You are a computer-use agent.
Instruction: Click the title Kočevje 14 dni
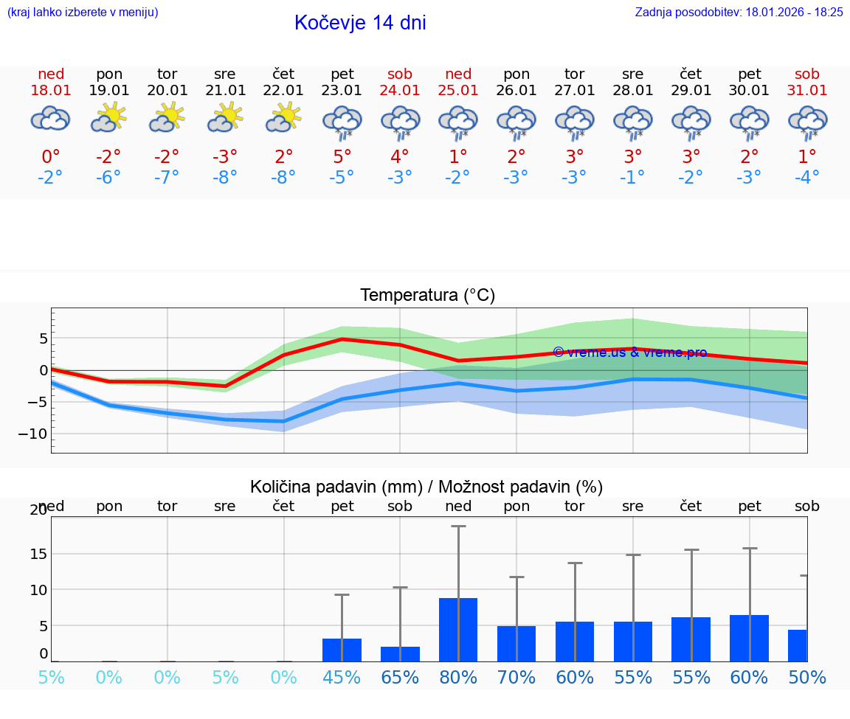360,23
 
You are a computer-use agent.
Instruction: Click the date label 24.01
400,91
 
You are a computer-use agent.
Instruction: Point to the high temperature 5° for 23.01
342,156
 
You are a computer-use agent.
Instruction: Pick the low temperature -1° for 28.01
632,177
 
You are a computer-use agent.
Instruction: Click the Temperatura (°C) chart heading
427,296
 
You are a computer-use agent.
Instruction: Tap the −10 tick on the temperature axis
32,434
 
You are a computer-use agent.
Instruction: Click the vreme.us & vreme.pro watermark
629,352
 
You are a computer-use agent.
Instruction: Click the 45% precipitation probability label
342,677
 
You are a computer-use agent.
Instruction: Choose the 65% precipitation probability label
400,677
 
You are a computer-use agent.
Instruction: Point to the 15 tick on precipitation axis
38,554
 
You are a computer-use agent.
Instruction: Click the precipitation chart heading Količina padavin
426,487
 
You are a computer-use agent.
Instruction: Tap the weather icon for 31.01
807,121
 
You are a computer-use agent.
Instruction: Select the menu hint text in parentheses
83,12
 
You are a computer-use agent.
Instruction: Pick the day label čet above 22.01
283,74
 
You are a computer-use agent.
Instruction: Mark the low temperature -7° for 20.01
167,177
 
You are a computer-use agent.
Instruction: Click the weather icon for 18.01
50,119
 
